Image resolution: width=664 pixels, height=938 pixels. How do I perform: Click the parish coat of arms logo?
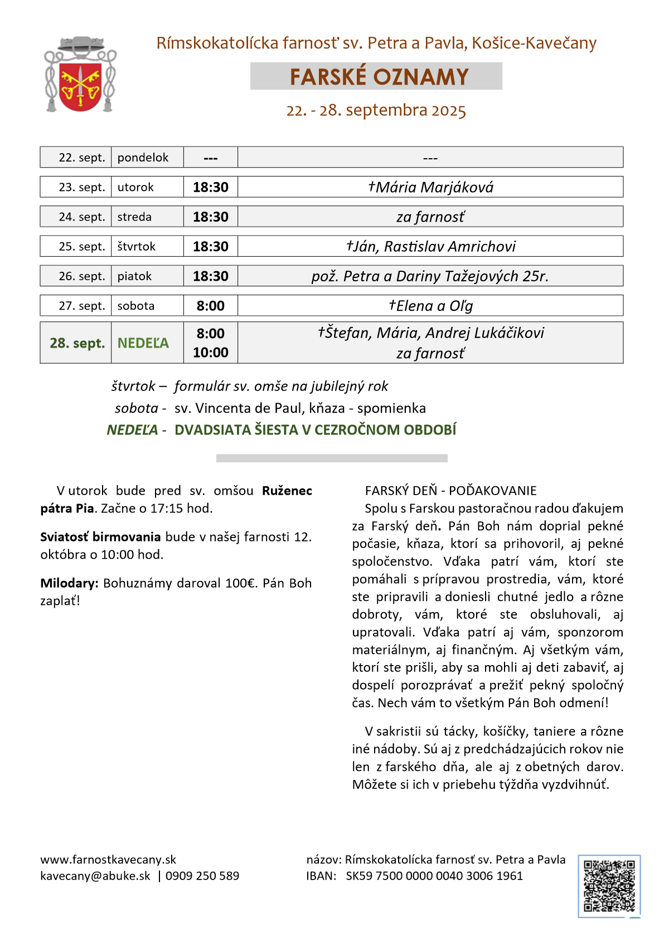[x=80, y=75]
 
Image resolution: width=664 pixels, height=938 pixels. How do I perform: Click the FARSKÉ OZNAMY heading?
[x=379, y=77]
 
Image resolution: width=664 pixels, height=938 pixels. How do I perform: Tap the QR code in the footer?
[x=609, y=886]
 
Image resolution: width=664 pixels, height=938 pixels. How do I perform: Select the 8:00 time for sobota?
[x=211, y=306]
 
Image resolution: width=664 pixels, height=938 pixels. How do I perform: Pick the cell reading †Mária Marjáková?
[x=430, y=187]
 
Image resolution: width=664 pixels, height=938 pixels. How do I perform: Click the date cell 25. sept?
[x=81, y=247]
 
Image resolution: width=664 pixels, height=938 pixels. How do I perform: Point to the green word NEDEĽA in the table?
[x=143, y=343]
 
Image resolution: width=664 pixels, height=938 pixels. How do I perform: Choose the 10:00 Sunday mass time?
[x=211, y=353]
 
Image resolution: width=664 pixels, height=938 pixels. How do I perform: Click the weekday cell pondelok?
[x=143, y=158]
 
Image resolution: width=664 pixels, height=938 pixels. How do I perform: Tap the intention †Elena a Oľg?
[x=430, y=306]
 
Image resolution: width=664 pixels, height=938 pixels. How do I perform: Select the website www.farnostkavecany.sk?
[x=108, y=860]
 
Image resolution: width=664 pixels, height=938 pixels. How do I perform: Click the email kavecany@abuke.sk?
[x=95, y=876]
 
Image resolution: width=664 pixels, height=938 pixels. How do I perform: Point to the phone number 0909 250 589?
[x=202, y=876]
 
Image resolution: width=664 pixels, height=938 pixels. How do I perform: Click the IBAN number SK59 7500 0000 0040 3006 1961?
[x=434, y=876]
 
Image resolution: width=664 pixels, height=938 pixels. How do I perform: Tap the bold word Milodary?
[x=69, y=583]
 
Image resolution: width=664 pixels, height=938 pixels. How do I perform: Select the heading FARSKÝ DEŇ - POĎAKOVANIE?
[x=450, y=491]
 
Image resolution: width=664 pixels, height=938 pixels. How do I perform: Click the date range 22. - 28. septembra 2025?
[x=376, y=110]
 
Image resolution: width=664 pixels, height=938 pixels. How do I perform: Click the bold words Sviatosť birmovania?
[x=100, y=537]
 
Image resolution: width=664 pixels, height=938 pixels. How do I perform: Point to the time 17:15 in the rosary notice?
[x=179, y=509]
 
